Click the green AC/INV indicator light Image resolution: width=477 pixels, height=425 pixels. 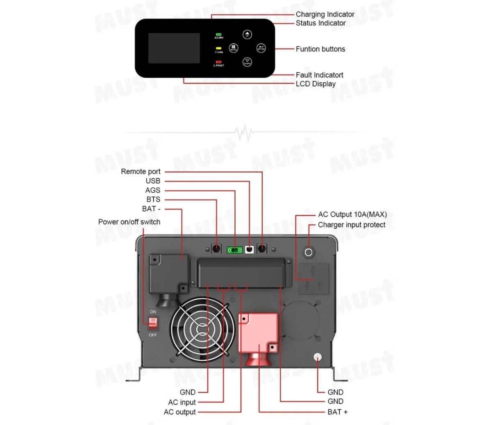218,34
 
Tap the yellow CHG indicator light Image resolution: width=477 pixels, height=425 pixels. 218,48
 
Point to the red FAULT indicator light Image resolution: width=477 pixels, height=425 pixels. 218,62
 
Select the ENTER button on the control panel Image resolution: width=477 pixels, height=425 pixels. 261,48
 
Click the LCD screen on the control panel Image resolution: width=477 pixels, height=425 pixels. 174,48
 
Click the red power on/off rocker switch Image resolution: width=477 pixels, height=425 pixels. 152,324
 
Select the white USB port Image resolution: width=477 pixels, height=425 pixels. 249,249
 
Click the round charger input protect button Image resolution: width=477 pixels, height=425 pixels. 309,251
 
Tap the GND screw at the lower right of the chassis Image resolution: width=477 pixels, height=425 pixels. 317,357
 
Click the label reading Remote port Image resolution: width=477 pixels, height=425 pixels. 141,171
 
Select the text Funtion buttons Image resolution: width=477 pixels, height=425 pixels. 320,49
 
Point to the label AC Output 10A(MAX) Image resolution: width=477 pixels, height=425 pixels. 352,214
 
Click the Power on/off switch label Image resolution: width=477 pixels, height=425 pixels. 129,222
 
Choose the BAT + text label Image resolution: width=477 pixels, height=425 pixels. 337,412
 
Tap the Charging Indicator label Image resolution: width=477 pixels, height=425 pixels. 325,14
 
